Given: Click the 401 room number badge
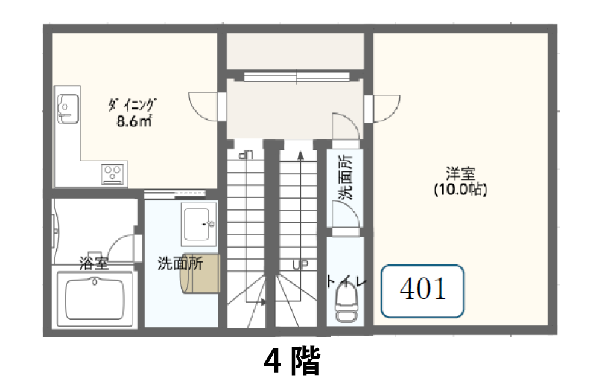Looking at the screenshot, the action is click(422, 291).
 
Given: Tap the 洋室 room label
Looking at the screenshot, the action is click(460, 174).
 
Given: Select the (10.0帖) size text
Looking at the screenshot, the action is click(460, 189).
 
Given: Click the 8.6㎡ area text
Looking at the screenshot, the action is click(134, 121).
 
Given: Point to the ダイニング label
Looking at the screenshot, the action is click(132, 104).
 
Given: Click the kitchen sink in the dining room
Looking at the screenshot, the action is click(68, 109).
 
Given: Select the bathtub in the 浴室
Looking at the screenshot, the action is click(95, 299).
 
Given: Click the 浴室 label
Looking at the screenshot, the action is click(94, 263).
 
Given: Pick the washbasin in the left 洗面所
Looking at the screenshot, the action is click(199, 224).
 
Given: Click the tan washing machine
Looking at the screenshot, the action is click(200, 274).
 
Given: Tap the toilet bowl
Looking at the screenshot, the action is click(346, 304).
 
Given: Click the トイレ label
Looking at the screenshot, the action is click(346, 282).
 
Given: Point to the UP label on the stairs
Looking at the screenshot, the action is click(300, 265).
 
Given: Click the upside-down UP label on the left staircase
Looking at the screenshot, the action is click(246, 155).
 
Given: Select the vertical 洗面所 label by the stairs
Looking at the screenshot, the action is click(346, 177).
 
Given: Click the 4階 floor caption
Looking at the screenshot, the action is click(293, 361).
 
